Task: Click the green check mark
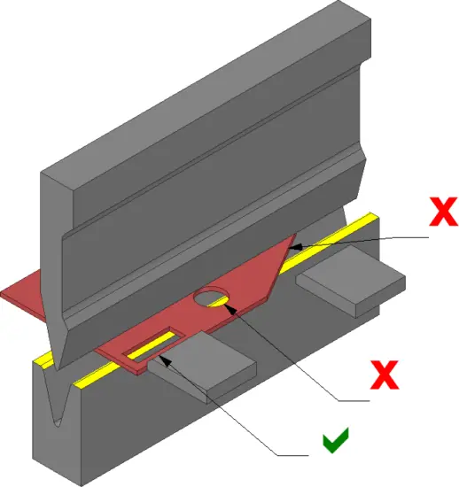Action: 335,440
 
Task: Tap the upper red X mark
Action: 443,212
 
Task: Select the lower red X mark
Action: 385,375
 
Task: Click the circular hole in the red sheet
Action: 211,296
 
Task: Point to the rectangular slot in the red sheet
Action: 154,345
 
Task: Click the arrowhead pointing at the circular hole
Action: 230,309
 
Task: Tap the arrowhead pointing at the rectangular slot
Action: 165,361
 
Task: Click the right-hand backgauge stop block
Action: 351,281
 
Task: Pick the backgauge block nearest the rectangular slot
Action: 202,367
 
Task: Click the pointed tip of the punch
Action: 58,368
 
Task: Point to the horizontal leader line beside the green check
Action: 292,456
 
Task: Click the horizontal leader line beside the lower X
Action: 354,401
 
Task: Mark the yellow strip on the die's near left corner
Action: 43,360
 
